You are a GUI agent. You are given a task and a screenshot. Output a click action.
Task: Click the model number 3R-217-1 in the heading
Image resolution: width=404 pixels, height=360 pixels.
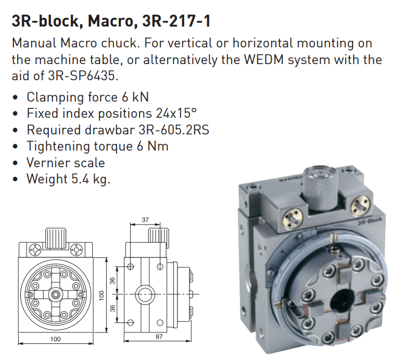coord(176,21)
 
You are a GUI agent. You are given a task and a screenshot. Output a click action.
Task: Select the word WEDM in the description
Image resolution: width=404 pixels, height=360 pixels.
coord(263,59)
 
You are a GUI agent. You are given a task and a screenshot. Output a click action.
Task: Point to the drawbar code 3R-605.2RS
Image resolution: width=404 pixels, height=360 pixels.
coord(174,130)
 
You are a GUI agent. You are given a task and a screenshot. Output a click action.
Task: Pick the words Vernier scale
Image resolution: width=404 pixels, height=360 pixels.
coord(66,163)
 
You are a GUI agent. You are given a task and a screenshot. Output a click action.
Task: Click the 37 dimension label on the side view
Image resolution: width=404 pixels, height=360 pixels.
coord(145,220)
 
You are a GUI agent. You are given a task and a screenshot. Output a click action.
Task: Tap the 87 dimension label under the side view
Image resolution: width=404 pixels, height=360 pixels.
coord(159,336)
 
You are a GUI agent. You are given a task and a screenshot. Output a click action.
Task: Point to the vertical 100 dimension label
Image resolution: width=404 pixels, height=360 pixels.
coord(102,295)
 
